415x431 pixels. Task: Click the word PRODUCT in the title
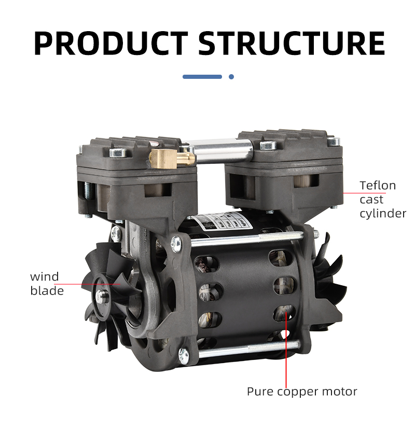pos(111,43)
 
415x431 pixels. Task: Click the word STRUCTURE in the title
pos(292,43)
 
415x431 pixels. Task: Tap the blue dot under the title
pos(231,77)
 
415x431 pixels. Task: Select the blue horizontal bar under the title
pos(202,77)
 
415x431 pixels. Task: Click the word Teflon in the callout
pos(378,186)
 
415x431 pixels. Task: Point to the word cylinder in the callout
pos(383,214)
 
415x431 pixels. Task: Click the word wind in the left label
pos(45,276)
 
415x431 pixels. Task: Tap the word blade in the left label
pos(47,290)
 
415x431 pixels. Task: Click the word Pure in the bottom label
pos(260,392)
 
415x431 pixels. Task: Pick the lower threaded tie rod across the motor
pos(248,349)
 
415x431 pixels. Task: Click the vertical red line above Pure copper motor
pos(286,351)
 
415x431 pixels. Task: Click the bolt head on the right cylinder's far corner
pos(334,142)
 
